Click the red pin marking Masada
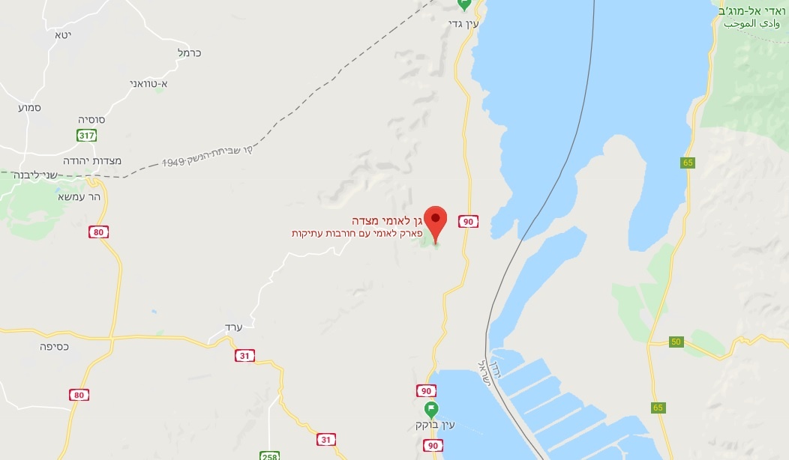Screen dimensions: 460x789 (x=436, y=219)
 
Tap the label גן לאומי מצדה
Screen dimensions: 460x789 (x=387, y=221)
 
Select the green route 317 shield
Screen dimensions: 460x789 (x=87, y=135)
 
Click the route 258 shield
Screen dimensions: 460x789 (x=270, y=456)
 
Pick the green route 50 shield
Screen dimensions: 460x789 (x=676, y=342)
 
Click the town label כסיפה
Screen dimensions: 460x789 (x=55, y=347)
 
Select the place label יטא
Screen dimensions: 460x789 (x=62, y=34)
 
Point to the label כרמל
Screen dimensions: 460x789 (x=189, y=53)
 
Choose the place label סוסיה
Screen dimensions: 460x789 (x=91, y=120)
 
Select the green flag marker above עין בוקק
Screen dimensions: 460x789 (x=431, y=409)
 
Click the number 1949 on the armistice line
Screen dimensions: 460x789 (x=174, y=161)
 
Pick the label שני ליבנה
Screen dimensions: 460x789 (x=36, y=174)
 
